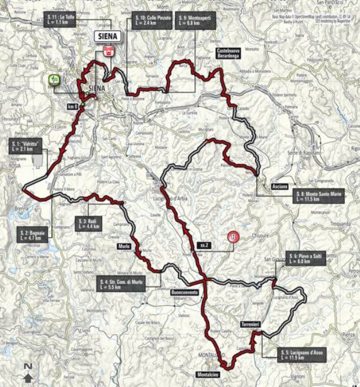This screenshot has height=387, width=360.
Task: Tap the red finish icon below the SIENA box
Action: point(108,51)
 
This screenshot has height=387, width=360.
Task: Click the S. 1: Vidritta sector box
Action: point(26,146)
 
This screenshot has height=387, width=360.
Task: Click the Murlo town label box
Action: point(124,246)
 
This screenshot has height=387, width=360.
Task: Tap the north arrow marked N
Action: point(28,372)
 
